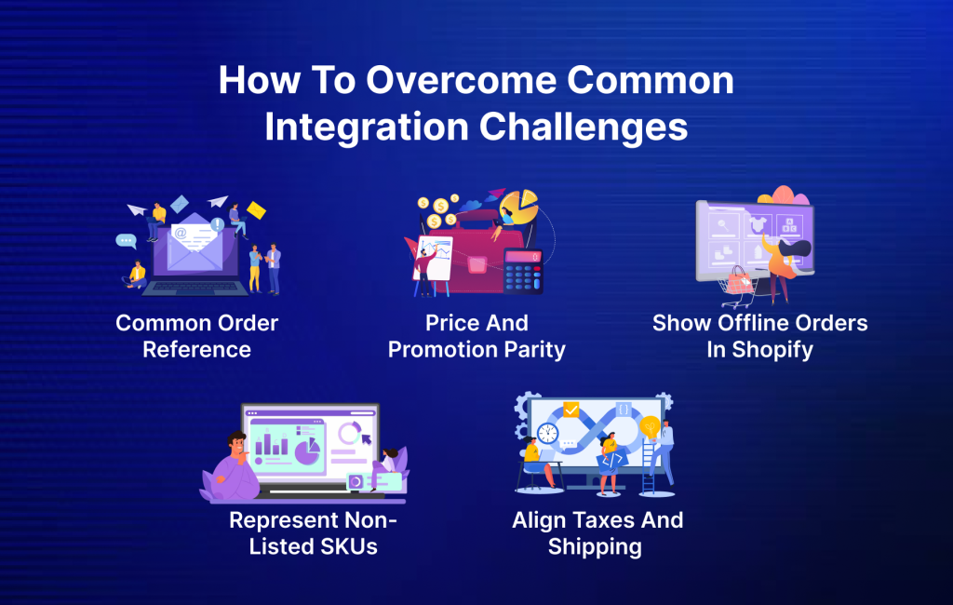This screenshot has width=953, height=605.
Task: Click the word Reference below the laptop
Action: click(196, 350)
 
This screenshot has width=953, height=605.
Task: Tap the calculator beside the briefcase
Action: click(522, 271)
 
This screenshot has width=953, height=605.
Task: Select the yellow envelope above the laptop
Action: click(256, 211)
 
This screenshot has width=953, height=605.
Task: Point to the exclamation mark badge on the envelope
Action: click(217, 224)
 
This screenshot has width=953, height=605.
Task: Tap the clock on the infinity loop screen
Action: click(547, 433)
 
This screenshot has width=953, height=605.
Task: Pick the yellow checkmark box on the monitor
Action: click(570, 409)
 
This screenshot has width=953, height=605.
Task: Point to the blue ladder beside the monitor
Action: click(649, 465)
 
